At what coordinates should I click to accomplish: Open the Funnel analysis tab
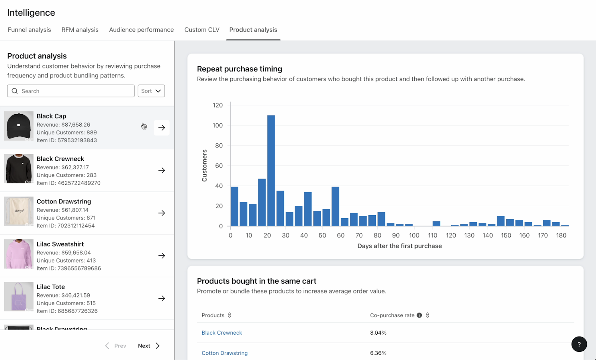point(29,29)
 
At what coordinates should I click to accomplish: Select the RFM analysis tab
point(80,29)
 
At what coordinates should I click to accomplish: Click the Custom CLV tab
point(202,29)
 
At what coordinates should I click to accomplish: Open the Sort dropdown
point(151,91)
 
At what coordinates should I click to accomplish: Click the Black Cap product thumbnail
point(19,126)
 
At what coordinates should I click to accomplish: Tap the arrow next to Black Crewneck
point(162,171)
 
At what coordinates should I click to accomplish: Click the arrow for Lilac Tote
point(162,298)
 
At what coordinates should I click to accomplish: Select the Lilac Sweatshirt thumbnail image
point(19,254)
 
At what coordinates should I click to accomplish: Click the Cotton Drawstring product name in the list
point(64,201)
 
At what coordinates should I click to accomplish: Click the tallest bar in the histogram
point(271,171)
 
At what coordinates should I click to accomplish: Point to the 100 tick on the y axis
point(218,125)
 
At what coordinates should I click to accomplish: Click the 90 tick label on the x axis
point(396,235)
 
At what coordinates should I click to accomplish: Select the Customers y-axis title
point(205,166)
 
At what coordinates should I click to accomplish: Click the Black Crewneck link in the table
point(222,332)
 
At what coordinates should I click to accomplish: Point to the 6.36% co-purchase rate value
point(378,353)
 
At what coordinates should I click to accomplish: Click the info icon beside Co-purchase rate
point(419,315)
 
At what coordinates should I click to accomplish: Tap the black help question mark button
point(579,344)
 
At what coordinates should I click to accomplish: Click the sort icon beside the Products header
point(229,315)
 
